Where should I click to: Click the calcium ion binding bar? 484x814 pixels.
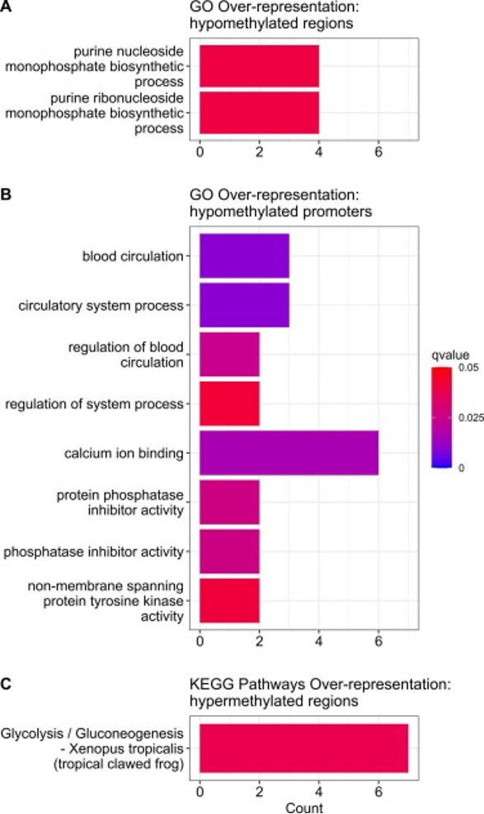coord(289,453)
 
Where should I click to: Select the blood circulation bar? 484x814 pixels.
coord(244,256)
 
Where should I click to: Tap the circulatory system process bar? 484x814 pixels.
coord(244,305)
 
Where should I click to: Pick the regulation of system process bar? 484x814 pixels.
coord(229,403)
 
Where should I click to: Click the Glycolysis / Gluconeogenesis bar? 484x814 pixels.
coord(304,748)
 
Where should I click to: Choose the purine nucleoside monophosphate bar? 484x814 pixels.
coord(260,66)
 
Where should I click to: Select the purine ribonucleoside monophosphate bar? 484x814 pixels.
coord(260,113)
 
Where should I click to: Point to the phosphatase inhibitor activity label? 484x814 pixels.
coord(94,551)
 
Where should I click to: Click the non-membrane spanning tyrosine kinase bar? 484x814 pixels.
coord(229,600)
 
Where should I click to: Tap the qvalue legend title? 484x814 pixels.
coord(450,355)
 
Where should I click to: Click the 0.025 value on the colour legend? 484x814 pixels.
coord(472,418)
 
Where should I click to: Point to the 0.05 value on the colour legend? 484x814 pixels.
coord(469,368)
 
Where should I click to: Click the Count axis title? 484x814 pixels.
coord(304,807)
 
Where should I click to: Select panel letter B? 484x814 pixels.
coord(7,195)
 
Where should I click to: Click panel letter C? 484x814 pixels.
coord(7,685)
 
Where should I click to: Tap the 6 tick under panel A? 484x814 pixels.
coord(378,152)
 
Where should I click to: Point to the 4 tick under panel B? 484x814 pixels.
coord(318,641)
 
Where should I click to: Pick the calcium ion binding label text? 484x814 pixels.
coord(124,454)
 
